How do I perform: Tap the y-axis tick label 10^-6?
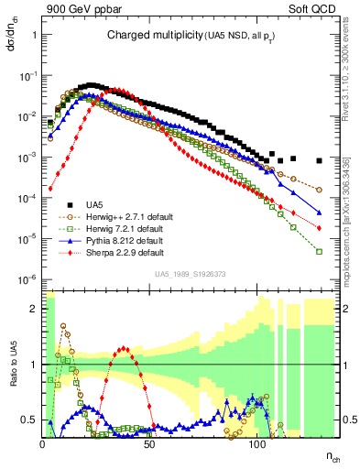[x=27, y=278]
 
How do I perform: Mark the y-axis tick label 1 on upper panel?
[x=34, y=35]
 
